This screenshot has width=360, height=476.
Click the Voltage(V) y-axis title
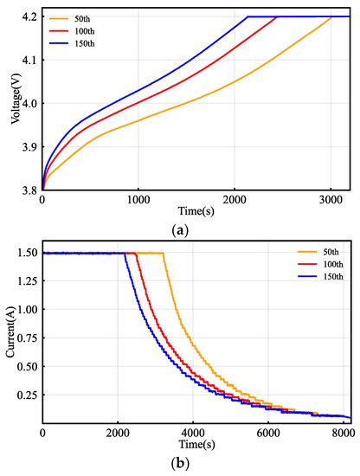(x=16, y=103)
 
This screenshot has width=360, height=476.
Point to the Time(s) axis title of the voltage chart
(x=197, y=211)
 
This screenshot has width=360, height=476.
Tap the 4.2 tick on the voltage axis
(x=29, y=17)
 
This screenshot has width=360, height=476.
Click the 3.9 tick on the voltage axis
(x=29, y=147)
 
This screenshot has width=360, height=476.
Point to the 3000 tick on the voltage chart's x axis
(x=331, y=201)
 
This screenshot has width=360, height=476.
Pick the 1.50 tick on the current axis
(x=25, y=254)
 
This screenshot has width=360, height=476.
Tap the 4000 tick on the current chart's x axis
(x=193, y=431)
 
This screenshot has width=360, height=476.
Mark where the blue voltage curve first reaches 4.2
(x=248, y=17)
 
